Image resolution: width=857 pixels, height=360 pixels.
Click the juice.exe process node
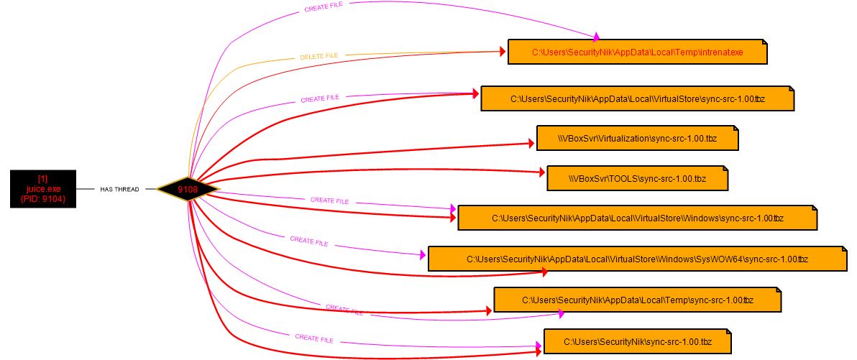42,189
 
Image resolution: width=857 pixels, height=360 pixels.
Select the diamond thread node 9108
188,189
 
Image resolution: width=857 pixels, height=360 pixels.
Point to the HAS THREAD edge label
119,190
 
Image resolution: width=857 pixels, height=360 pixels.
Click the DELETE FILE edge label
318,55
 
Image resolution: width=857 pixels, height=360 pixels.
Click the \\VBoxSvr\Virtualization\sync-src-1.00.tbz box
637,138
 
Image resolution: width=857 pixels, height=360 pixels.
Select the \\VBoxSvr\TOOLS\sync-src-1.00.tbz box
637,178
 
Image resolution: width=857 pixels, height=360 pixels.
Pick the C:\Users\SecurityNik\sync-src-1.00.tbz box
637,341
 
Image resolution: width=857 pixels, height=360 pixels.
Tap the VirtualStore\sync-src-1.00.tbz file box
637,98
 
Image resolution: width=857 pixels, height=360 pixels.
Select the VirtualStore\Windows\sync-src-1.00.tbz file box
637,217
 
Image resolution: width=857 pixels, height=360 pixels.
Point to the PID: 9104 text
42,199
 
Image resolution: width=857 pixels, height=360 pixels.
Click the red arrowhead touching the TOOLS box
541,172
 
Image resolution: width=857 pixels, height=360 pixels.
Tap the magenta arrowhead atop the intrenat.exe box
596,36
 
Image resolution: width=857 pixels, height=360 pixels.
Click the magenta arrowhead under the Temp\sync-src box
560,314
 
